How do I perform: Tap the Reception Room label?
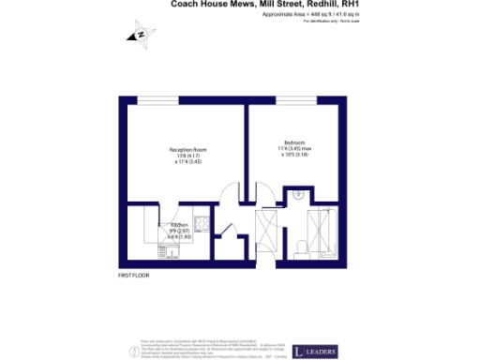click(x=187, y=150)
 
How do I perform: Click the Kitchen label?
click(x=178, y=226)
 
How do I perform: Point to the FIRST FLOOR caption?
click(x=133, y=276)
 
